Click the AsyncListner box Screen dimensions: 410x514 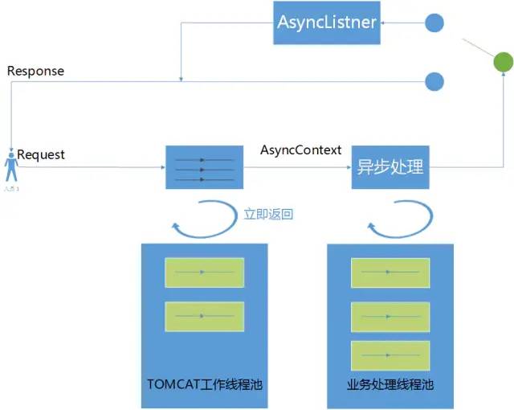[327, 23]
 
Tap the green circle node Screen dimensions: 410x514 [502, 62]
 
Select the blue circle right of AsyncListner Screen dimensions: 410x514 [434, 23]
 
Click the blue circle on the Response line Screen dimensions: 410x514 [434, 80]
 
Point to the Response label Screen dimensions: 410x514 [35, 71]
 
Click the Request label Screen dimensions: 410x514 [41, 154]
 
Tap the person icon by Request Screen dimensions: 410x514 [11, 169]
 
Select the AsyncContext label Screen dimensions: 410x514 [301, 150]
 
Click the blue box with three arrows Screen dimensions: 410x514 [204, 168]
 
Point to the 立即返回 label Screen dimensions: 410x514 [268, 215]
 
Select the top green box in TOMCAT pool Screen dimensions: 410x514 [204, 273]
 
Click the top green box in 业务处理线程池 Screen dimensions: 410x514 [390, 273]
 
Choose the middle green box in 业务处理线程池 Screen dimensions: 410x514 [390, 317]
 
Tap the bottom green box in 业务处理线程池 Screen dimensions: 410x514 [390, 355]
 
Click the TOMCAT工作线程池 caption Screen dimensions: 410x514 [205, 384]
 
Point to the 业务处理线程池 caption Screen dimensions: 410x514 [390, 384]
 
